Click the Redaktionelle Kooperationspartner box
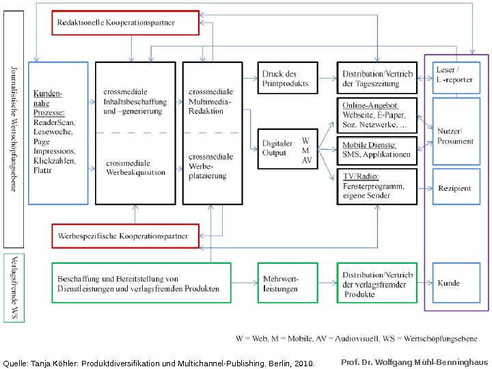(125, 23)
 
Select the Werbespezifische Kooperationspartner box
(125, 235)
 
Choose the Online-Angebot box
(377, 116)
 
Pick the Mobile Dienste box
(377, 150)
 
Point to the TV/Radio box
(377, 186)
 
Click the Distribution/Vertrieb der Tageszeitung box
(377, 79)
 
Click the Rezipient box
(454, 188)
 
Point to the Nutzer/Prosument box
(454, 136)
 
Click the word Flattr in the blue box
(42, 170)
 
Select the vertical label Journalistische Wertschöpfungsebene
(13, 128)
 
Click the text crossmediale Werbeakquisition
(136, 168)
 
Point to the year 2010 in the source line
(303, 364)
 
